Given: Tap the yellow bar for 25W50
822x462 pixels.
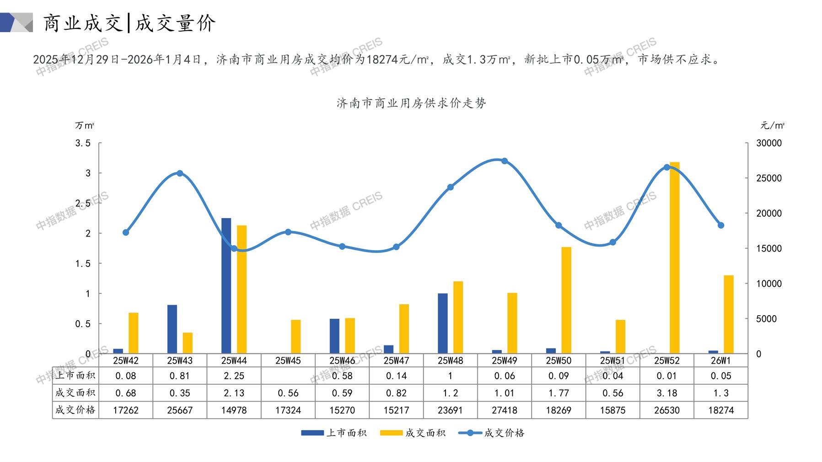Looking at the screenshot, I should tap(566, 300).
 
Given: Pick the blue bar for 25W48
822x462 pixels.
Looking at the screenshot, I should tap(442, 323).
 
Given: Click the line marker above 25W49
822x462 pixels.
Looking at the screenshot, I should tap(505, 161).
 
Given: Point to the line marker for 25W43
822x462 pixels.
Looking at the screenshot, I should tap(180, 173).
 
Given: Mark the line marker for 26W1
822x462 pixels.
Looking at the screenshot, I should tap(721, 226).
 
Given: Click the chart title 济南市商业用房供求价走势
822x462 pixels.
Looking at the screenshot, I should tap(411, 103).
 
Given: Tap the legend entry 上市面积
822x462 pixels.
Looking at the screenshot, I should tap(334, 433).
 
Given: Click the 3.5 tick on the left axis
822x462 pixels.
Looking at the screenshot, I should tap(83, 143).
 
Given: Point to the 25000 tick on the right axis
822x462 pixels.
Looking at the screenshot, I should tap(768, 178).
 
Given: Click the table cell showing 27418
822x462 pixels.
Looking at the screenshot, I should tap(505, 410).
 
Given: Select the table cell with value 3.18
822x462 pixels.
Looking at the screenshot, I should tap(666, 393).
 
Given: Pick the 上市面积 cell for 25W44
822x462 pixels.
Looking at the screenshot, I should tap(234, 376).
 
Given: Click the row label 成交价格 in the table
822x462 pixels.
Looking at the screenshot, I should tap(75, 410).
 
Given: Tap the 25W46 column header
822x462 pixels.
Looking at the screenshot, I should tap(342, 360).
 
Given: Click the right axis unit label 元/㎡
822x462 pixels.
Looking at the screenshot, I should tap(772, 125).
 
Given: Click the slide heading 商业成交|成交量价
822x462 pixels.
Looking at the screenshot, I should tap(129, 23).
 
